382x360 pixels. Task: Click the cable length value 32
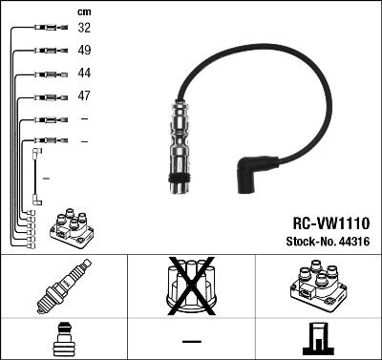coord(84,29)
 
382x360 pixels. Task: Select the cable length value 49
coord(84,51)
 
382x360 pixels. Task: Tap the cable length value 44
coord(84,74)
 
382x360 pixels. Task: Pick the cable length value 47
coord(84,96)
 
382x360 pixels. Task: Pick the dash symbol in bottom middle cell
coord(191,339)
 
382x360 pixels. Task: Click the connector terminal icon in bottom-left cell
coord(63,338)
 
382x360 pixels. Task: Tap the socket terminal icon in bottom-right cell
coord(318,338)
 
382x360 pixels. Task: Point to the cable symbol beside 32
coord(47,29)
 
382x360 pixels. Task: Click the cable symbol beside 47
coord(47,96)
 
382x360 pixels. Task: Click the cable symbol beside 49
coord(47,51)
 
